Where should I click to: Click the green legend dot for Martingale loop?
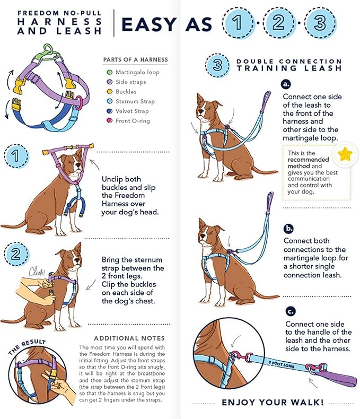110,72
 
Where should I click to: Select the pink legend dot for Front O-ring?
110,120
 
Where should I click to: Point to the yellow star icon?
345,154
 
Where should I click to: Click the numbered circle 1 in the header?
237,23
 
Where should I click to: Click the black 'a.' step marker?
287,84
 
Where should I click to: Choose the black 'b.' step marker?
288,229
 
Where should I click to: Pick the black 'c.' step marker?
290,311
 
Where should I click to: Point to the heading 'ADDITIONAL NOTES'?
129,338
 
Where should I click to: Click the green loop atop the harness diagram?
48,50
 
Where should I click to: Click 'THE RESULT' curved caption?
27,347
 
